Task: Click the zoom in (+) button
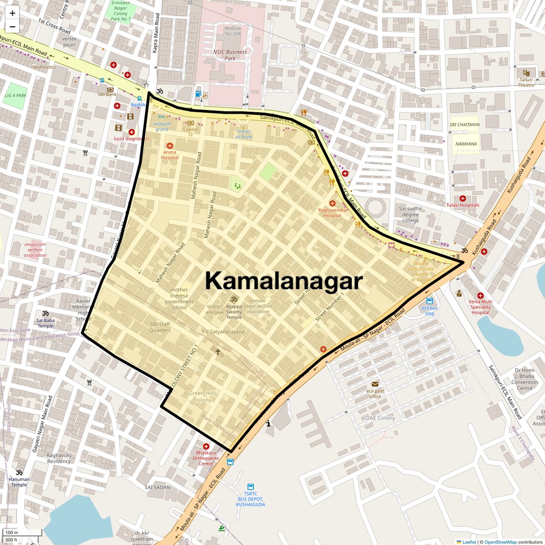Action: (x=12, y=13)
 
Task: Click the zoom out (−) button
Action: (x=12, y=27)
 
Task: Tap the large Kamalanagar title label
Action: (x=284, y=281)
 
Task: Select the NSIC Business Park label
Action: (x=230, y=55)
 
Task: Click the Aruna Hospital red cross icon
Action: (x=170, y=145)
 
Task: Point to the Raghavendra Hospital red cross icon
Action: (x=332, y=204)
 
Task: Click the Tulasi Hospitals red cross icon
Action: (x=462, y=198)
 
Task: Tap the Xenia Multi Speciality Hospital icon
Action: (x=480, y=295)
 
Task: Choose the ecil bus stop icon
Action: (x=429, y=301)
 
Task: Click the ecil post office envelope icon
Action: (x=375, y=384)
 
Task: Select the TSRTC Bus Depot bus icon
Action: (x=251, y=487)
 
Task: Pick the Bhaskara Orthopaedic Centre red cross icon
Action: (x=206, y=446)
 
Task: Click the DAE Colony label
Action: (x=381, y=418)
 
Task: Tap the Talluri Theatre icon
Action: (x=526, y=73)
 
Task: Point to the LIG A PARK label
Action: (x=15, y=95)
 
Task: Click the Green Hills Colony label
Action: (x=203, y=397)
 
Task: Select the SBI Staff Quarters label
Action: (x=160, y=327)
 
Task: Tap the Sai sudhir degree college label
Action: (x=411, y=215)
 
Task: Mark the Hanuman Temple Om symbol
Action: (x=19, y=472)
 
